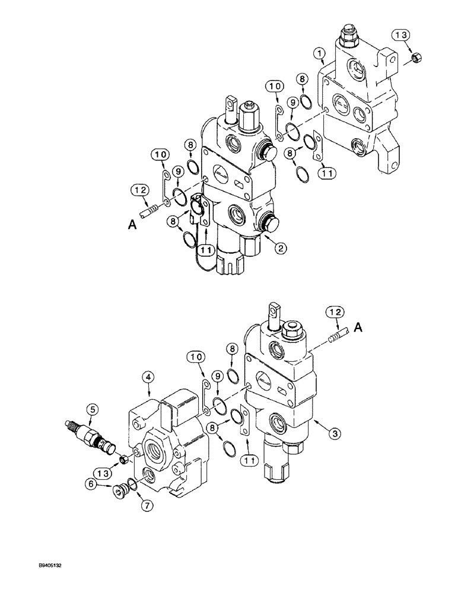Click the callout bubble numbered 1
tap(320, 55)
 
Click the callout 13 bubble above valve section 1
tap(402, 36)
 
